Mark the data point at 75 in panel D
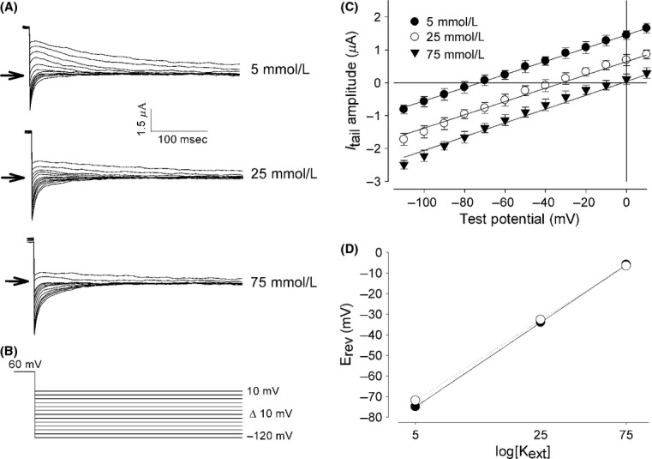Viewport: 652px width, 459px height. [x=626, y=265]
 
